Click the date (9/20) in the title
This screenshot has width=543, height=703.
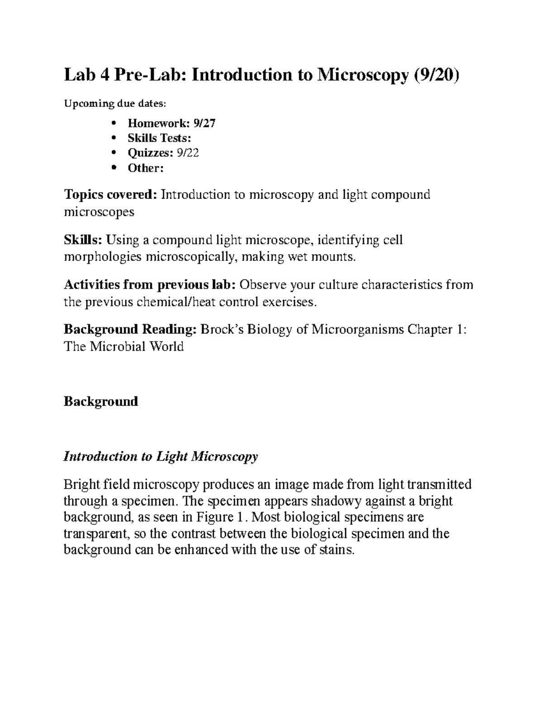pyautogui.click(x=435, y=75)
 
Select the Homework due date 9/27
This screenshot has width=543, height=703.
pyautogui.click(x=205, y=123)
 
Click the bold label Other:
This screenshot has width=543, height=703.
pyautogui.click(x=145, y=168)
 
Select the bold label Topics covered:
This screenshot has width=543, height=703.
pyautogui.click(x=111, y=195)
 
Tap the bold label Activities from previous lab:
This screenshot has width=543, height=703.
pyautogui.click(x=150, y=285)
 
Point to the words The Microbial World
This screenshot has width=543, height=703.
pyautogui.click(x=124, y=347)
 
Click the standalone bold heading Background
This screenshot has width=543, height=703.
pyautogui.click(x=101, y=401)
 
